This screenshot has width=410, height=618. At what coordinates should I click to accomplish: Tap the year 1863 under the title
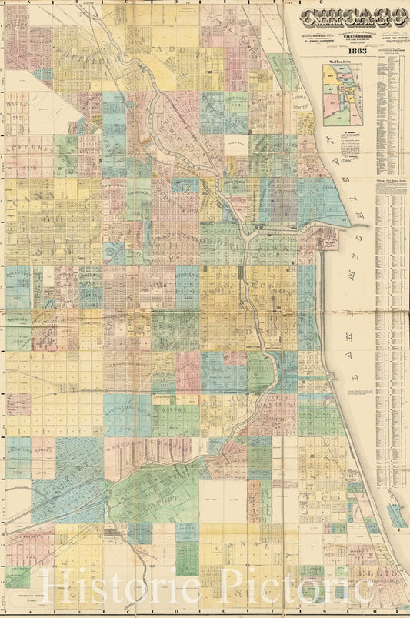pyautogui.click(x=355, y=52)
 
